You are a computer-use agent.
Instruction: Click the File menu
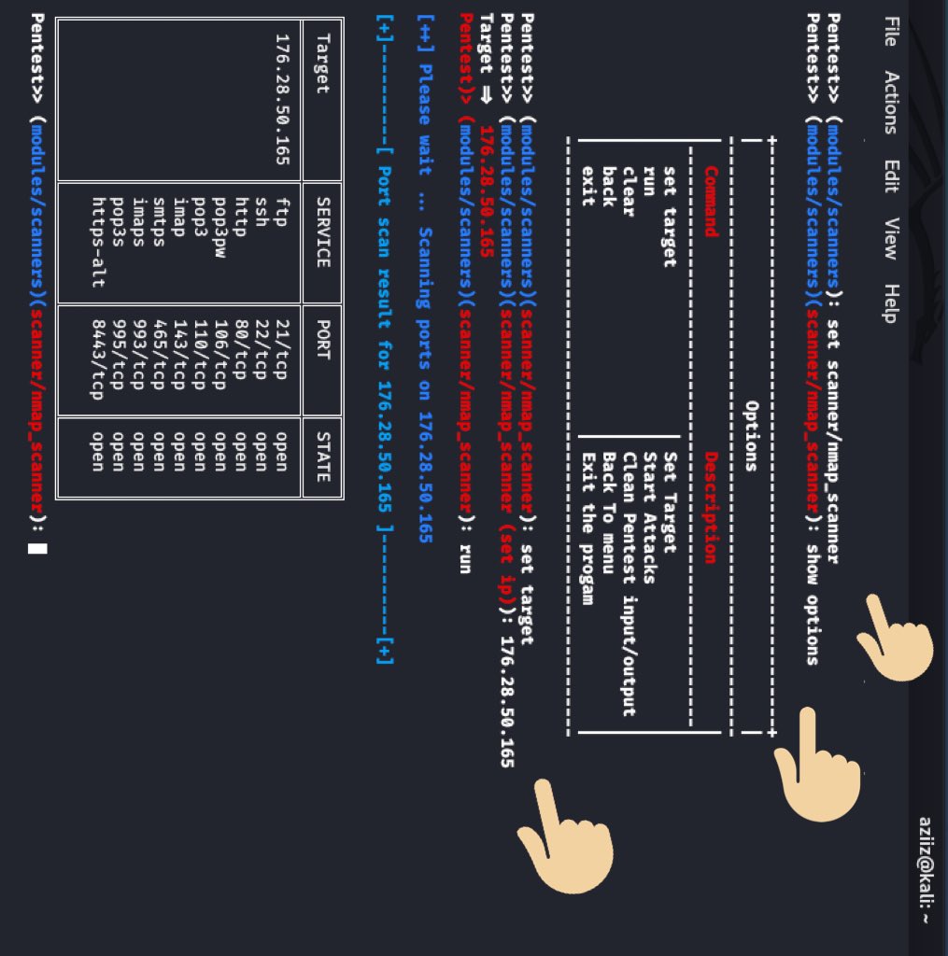889,31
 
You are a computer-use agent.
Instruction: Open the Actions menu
889,102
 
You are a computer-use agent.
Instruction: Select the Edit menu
889,176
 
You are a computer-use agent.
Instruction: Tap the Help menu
889,302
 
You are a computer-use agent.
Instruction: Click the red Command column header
711,202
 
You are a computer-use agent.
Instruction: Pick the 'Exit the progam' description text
587,528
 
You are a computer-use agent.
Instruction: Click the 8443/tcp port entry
97,359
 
